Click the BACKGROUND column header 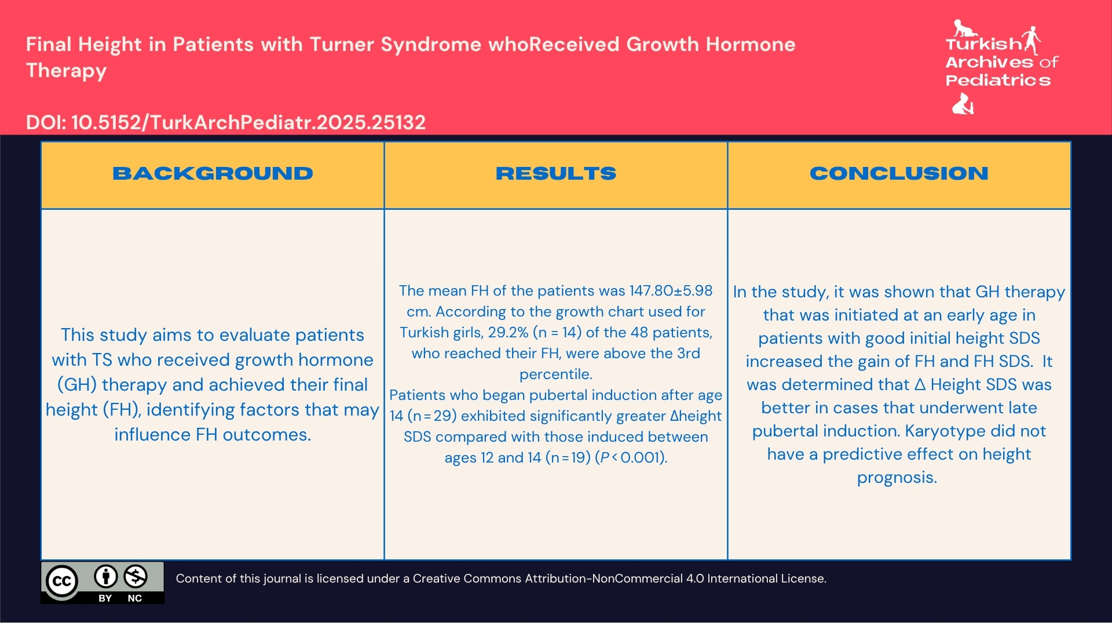click(x=213, y=173)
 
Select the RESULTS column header click(x=555, y=173)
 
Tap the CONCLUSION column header click(x=898, y=173)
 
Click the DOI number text click(x=248, y=122)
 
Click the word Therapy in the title click(x=66, y=71)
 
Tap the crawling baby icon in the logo click(x=964, y=28)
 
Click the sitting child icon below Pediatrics click(x=963, y=104)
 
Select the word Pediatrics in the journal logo click(x=997, y=81)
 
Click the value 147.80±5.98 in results click(x=671, y=291)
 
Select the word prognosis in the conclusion click(x=897, y=478)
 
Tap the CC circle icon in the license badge click(x=61, y=581)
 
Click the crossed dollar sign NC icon click(x=136, y=577)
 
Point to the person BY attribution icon click(x=105, y=577)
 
